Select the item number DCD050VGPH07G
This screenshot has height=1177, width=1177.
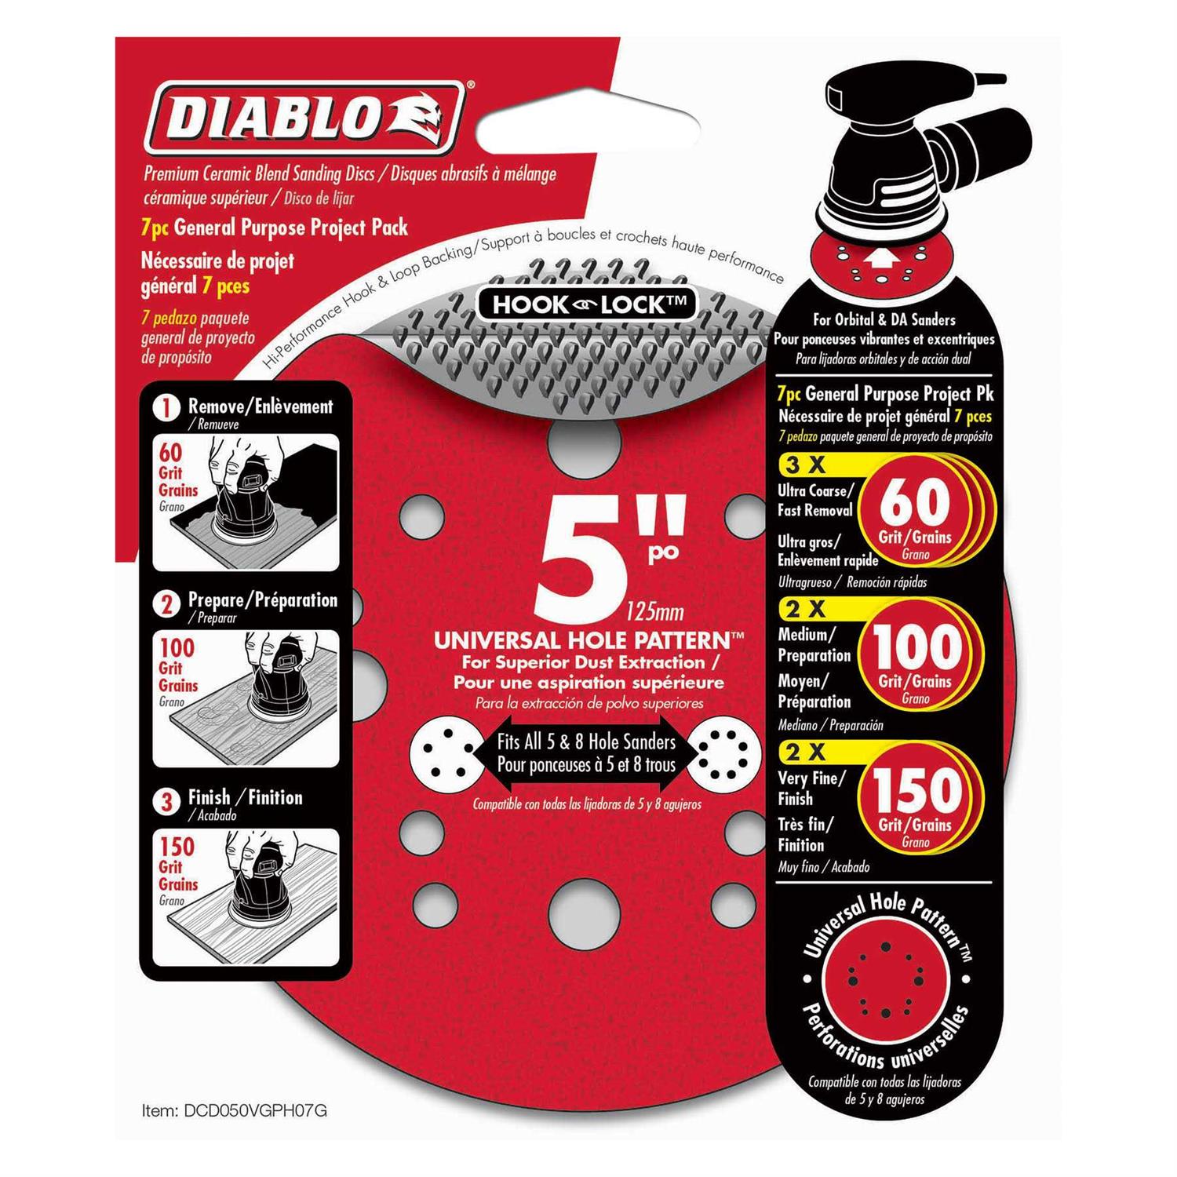coord(235,1110)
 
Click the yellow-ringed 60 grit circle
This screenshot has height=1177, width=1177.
coord(916,513)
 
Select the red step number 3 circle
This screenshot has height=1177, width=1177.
coord(167,801)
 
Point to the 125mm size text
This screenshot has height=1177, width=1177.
coord(655,611)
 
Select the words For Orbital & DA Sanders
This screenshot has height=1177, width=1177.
coord(884,319)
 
